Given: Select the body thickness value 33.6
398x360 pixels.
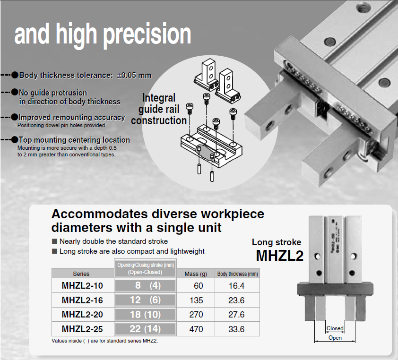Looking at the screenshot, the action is tap(236, 329).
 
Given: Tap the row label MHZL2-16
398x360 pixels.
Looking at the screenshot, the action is tap(82, 300).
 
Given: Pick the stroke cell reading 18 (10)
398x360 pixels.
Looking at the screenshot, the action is tap(145, 315).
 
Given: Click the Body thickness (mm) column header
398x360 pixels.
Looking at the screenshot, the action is tap(237, 274).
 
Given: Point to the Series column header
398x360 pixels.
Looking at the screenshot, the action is tap(81, 274).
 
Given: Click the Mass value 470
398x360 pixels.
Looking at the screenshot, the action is tap(196, 329).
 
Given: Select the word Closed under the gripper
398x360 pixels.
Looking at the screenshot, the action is tap(335, 328).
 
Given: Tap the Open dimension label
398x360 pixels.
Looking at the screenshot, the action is tap(335, 338).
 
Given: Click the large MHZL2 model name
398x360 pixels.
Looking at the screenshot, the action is tap(280, 255).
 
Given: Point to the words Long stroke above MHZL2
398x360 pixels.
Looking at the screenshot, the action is tap(277, 242).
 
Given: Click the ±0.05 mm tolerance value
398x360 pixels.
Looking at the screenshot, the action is tap(134, 75).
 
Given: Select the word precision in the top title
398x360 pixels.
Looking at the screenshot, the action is tap(147, 34).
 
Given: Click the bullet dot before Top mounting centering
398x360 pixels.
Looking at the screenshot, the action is tap(15, 139).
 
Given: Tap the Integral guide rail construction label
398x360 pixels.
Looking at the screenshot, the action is tap(159, 109).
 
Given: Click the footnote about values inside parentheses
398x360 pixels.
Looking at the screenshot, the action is tap(104, 341).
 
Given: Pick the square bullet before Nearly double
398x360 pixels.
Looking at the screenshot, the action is tap(54, 241).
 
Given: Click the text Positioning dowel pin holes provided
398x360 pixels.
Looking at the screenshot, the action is tap(61, 125).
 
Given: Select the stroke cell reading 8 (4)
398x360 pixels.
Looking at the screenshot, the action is tap(145, 286).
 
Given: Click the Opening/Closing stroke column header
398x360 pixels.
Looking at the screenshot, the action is tap(145, 268).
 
